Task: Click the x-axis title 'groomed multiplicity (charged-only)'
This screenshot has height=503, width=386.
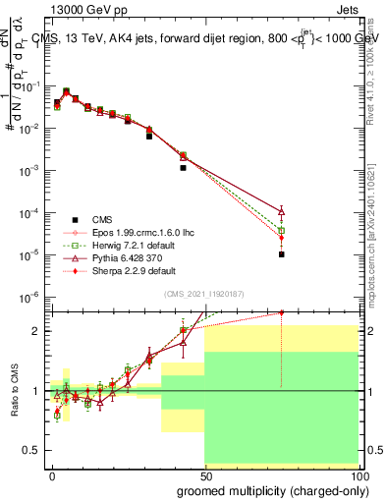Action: [x=267, y=488]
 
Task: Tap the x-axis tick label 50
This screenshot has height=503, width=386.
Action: [x=204, y=475]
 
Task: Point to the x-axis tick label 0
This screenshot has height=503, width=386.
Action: [x=51, y=475]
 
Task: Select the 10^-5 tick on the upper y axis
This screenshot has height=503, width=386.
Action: [x=32, y=254]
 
